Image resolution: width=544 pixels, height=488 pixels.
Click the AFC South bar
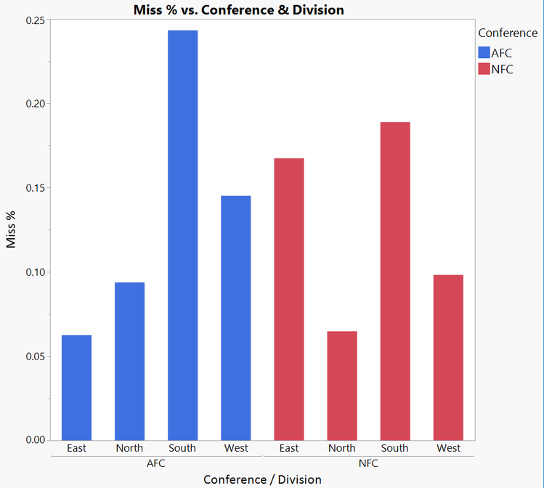(x=182, y=235)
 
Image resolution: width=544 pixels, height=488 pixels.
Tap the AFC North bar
(x=129, y=361)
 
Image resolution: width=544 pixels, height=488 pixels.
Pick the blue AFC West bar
(x=235, y=317)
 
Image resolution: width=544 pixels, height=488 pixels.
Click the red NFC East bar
(x=289, y=298)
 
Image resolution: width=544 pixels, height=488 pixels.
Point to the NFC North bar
(x=342, y=386)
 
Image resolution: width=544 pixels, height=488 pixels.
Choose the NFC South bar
(x=395, y=281)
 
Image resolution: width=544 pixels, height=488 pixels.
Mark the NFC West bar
(x=448, y=357)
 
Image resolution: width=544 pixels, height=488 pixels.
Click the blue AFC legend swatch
(x=484, y=53)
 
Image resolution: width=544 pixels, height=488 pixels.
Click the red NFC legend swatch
(x=484, y=69)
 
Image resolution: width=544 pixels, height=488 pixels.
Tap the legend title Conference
(x=508, y=33)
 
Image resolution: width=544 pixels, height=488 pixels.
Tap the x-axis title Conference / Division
(x=262, y=479)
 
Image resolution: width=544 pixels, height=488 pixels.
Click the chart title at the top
(x=239, y=9)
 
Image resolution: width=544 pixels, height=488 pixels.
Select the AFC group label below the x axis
(x=156, y=463)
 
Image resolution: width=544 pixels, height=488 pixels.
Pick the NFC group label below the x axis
(x=368, y=463)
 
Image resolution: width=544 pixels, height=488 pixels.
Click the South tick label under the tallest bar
(x=182, y=448)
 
